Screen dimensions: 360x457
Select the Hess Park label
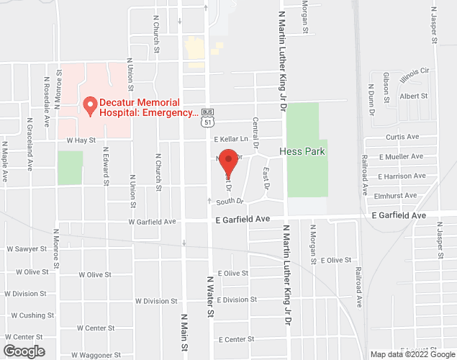click(306, 151)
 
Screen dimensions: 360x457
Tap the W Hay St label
click(81, 140)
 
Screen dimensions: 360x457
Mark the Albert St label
click(414, 96)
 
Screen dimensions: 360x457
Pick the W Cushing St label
click(27, 315)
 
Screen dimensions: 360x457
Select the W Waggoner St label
click(96, 355)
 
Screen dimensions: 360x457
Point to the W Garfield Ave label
click(152, 222)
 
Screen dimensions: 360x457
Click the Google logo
click(23, 351)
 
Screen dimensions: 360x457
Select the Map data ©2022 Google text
click(412, 354)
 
